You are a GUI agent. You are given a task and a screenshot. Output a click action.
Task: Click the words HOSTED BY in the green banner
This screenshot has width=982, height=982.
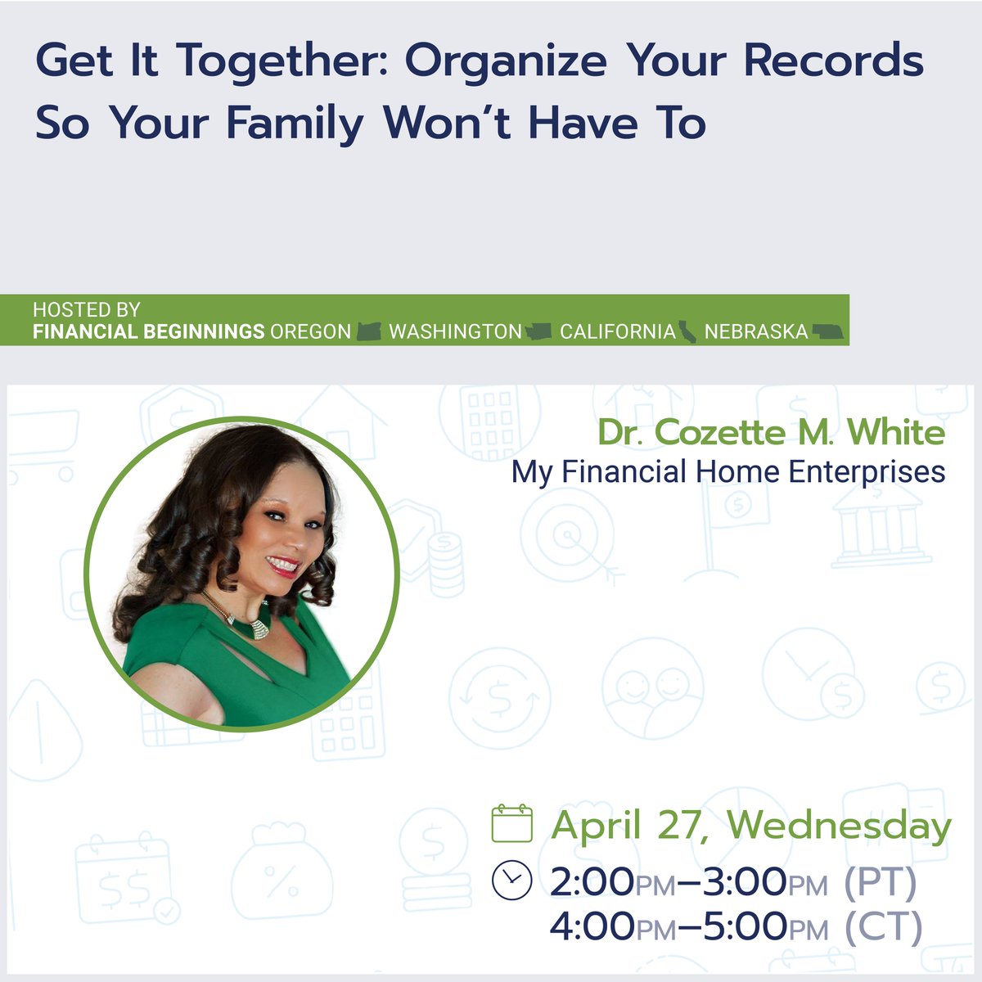(87, 310)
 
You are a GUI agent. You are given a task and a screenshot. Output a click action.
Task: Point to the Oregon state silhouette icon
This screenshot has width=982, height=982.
(370, 332)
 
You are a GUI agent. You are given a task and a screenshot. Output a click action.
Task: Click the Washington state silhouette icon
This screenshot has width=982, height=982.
(538, 332)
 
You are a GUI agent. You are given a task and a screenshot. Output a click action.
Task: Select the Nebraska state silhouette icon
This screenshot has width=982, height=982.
(827, 332)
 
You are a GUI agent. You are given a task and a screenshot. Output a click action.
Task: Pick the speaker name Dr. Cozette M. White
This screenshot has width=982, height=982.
(771, 433)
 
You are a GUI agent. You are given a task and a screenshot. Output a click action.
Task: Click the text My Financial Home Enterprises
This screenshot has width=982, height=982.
(728, 472)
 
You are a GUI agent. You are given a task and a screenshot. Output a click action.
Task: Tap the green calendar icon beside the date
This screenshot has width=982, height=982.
(512, 823)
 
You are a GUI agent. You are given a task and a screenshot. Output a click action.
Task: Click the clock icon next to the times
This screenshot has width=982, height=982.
(512, 880)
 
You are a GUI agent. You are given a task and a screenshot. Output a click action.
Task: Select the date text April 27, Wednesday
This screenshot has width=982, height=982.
(750, 825)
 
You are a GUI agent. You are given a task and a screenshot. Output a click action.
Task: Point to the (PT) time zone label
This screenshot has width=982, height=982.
(880, 881)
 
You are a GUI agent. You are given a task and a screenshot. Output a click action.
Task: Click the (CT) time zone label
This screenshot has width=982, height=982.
(882, 926)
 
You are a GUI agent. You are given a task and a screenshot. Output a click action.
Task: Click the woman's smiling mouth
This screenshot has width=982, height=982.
(282, 565)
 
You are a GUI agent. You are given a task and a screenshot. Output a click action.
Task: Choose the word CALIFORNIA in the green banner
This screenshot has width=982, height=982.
(618, 332)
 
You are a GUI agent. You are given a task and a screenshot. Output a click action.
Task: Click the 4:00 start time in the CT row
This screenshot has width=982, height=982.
(592, 926)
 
